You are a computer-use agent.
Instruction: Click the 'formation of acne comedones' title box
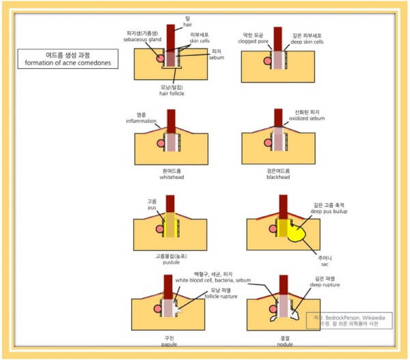[68, 59]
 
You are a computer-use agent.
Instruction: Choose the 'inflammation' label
[141, 121]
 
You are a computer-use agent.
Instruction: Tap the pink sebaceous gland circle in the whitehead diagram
[161, 143]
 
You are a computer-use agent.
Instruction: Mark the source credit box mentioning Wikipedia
[348, 321]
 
